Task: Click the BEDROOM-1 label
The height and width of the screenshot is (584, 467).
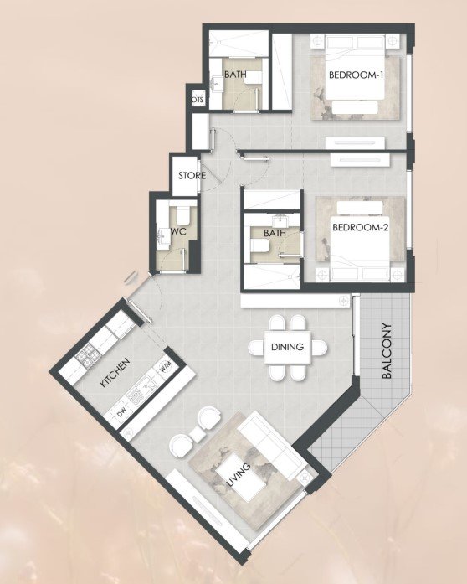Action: (x=357, y=75)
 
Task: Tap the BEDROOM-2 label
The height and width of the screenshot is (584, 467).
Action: (x=360, y=227)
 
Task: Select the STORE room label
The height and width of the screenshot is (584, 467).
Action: (x=192, y=175)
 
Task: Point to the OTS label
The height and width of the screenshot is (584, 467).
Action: (x=198, y=100)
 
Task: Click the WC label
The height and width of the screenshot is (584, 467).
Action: (x=178, y=231)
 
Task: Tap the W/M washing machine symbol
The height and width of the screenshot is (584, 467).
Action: (x=166, y=366)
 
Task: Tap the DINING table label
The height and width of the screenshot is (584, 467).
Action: (x=287, y=347)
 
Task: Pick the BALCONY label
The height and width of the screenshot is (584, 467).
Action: (x=387, y=351)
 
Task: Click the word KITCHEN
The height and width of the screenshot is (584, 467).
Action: (x=115, y=373)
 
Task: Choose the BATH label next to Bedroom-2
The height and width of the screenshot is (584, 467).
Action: (x=275, y=233)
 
